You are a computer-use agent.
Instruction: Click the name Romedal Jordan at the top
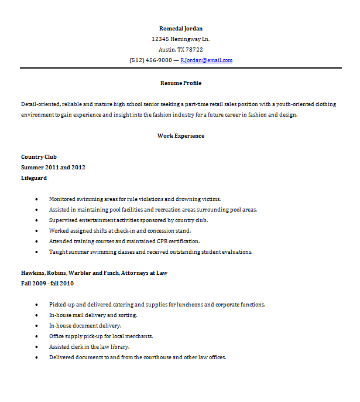pyautogui.click(x=181, y=28)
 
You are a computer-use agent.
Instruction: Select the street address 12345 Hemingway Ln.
pyautogui.click(x=180, y=39)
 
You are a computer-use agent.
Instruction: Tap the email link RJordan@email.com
pyautogui.click(x=206, y=60)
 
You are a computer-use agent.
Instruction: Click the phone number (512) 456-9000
pyautogui.click(x=150, y=60)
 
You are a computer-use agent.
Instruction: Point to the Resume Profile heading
pyautogui.click(x=181, y=83)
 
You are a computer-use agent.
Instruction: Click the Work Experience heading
pyautogui.click(x=181, y=136)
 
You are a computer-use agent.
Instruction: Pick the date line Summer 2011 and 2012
pyautogui.click(x=53, y=168)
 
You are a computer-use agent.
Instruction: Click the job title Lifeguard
pyautogui.click(x=33, y=178)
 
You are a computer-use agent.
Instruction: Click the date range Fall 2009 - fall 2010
pyautogui.click(x=47, y=284)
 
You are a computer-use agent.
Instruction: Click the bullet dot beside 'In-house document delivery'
pyautogui.click(x=36, y=326)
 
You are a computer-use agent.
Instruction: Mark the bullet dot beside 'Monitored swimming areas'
pyautogui.click(x=36, y=199)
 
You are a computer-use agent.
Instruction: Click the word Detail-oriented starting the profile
pyautogui.click(x=40, y=104)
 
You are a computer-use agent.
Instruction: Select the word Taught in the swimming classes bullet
pyautogui.click(x=57, y=252)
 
